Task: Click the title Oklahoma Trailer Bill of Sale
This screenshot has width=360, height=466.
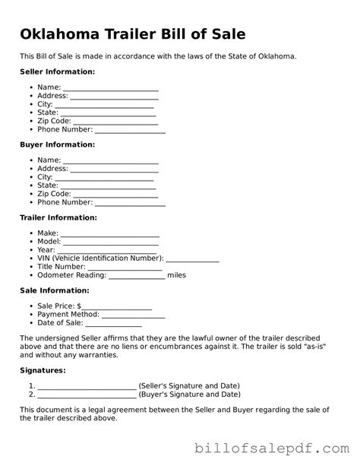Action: [133, 35]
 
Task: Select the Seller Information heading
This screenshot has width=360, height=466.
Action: [58, 71]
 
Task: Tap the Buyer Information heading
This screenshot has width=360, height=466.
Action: [57, 144]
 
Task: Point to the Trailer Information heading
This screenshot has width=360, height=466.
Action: [58, 217]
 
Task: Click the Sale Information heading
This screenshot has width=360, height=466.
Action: [55, 290]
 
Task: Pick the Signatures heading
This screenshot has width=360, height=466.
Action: [43, 370]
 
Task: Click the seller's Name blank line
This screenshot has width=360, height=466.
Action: [110, 89]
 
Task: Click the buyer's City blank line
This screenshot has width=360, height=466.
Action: [106, 178]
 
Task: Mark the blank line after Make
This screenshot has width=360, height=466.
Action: [109, 234]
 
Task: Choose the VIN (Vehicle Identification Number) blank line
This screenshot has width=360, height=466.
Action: [192, 259]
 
